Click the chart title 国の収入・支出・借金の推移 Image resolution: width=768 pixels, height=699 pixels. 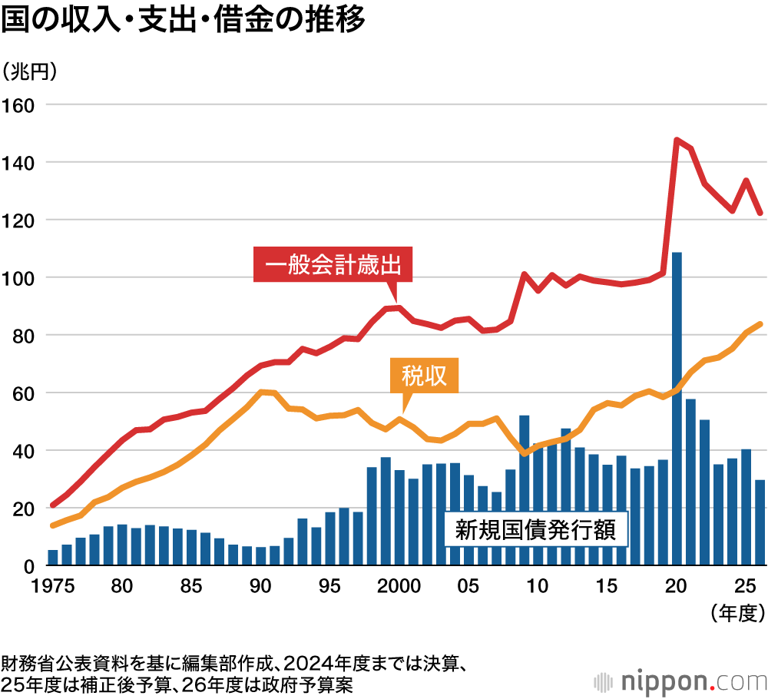point(183,21)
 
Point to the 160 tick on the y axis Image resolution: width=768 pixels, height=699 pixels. point(19,104)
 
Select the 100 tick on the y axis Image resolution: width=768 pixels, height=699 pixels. point(19,277)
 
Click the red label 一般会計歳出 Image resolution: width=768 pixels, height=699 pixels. point(333,267)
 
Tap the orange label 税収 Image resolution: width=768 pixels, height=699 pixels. point(424,376)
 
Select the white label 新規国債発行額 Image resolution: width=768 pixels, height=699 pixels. point(535,529)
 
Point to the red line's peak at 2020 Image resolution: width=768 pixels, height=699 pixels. point(677,140)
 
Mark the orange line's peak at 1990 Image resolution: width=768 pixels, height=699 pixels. point(261,392)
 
